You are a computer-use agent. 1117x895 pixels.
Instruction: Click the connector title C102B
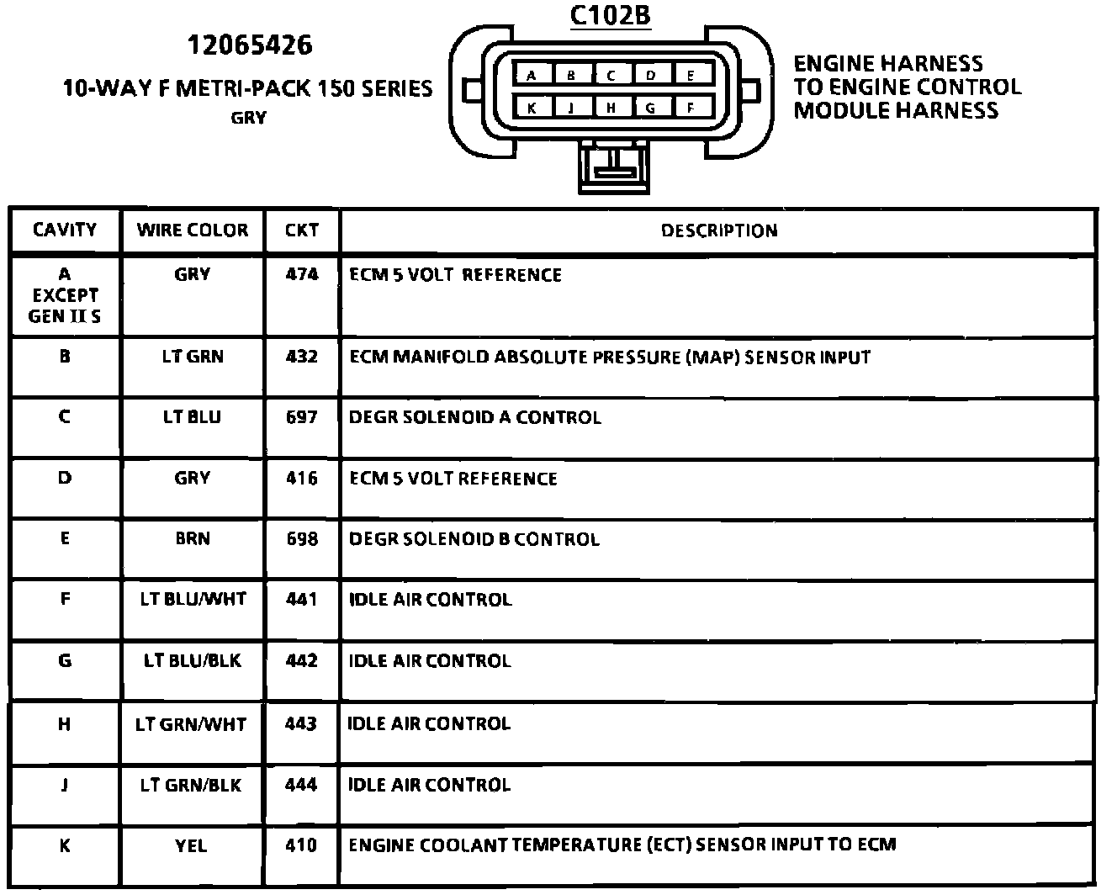[610, 15]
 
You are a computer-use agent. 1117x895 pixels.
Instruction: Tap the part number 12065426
[249, 45]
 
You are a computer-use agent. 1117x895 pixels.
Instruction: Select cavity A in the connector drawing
[532, 76]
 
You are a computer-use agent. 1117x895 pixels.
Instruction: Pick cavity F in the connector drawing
[691, 108]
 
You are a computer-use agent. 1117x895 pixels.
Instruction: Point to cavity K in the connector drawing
[532, 108]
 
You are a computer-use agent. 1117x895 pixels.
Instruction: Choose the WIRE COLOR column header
[193, 230]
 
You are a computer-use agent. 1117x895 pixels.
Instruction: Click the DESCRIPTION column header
[718, 230]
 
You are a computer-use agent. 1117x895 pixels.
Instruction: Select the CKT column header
[302, 230]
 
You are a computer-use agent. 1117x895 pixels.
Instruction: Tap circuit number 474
[302, 274]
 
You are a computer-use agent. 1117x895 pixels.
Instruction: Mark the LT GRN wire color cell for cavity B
[193, 357]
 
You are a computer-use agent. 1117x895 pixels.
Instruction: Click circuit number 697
[302, 417]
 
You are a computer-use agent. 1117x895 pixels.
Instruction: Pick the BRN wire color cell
[193, 538]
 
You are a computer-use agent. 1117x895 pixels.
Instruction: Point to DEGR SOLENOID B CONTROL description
[474, 538]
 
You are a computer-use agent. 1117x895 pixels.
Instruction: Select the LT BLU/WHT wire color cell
[193, 599]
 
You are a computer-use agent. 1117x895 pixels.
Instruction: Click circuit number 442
[302, 660]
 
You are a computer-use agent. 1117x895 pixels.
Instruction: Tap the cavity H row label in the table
[65, 723]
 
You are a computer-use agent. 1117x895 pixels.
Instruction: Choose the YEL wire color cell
[191, 845]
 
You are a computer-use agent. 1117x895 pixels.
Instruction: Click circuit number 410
[302, 845]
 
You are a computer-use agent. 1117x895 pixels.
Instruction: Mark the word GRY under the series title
[248, 118]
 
